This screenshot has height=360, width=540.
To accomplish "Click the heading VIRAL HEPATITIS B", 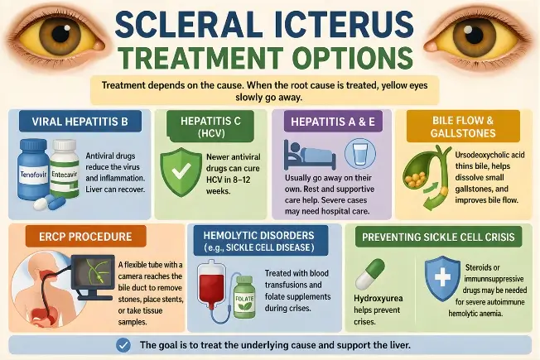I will [x=80, y=125].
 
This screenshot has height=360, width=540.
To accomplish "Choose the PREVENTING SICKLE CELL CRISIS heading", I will [x=439, y=238].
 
